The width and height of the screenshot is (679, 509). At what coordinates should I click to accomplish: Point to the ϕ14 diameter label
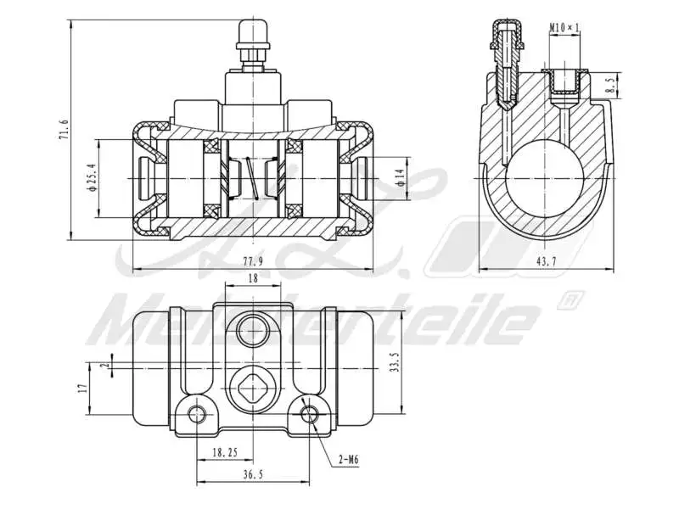pyautogui.click(x=399, y=179)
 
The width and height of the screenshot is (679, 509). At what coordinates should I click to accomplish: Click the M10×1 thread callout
pyautogui.click(x=564, y=28)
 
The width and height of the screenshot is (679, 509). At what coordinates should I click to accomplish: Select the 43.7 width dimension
pyautogui.click(x=545, y=262)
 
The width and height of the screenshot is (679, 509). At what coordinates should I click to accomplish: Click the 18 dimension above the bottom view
pyautogui.click(x=252, y=278)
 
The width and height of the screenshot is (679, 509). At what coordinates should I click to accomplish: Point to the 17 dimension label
pyautogui.click(x=82, y=388)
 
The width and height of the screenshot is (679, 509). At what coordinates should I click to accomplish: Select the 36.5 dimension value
pyautogui.click(x=252, y=476)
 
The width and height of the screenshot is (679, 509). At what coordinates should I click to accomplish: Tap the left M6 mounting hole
pyautogui.click(x=198, y=414)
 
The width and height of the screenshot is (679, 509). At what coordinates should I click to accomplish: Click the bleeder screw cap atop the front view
pyautogui.click(x=252, y=34)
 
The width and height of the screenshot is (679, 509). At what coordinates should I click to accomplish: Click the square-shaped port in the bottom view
pyautogui.click(x=253, y=389)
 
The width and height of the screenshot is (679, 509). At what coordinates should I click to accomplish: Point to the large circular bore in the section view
pyautogui.click(x=547, y=179)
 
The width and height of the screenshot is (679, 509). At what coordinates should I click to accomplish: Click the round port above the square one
pyautogui.click(x=253, y=329)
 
